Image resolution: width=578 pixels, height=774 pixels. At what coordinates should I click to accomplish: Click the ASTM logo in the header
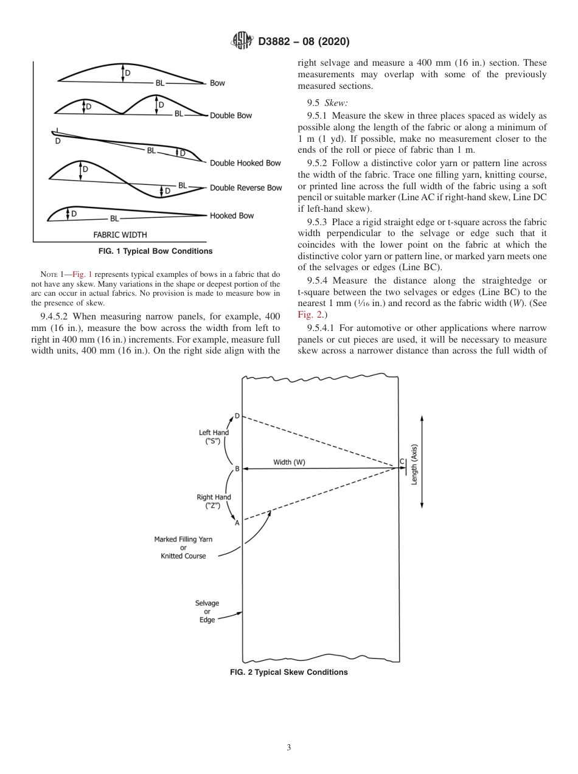point(243,42)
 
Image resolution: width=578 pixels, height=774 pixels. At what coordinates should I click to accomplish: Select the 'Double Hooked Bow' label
point(245,163)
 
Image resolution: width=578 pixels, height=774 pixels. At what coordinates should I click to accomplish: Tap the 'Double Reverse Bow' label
point(246,188)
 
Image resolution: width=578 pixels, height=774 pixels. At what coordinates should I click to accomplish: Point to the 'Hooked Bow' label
point(232,216)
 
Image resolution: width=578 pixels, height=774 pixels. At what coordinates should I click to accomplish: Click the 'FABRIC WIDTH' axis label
point(120,234)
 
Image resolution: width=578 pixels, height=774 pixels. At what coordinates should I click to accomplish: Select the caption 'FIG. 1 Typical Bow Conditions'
point(156,251)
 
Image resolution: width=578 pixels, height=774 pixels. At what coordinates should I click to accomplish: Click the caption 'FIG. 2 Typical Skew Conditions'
point(288,672)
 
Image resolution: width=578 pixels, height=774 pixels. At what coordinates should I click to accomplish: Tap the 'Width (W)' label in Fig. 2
point(289,462)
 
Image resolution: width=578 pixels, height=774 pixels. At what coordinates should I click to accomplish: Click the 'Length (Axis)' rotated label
point(414,464)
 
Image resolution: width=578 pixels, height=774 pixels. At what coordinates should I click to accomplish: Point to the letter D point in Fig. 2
point(237,416)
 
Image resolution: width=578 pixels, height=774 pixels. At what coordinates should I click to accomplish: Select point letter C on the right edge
point(402,462)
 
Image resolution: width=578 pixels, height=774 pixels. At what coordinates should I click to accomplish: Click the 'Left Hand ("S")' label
point(214,437)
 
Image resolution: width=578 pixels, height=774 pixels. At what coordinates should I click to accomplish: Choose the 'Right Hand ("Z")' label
point(214,501)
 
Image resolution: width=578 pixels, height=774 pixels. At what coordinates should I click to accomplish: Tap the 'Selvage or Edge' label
point(207,612)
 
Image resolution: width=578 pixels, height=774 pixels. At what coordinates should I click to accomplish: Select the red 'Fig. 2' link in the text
point(308,315)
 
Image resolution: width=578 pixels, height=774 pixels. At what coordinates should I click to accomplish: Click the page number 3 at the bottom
point(289,747)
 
